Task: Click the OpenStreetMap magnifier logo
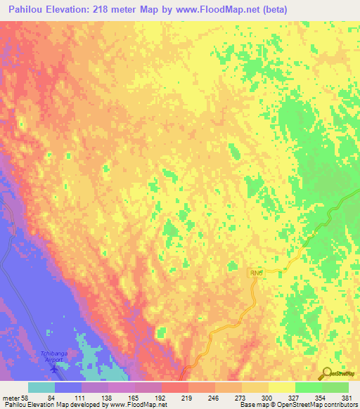[x=328, y=375]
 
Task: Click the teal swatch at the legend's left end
[x=41, y=387]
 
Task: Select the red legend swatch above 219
[x=178, y=387]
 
